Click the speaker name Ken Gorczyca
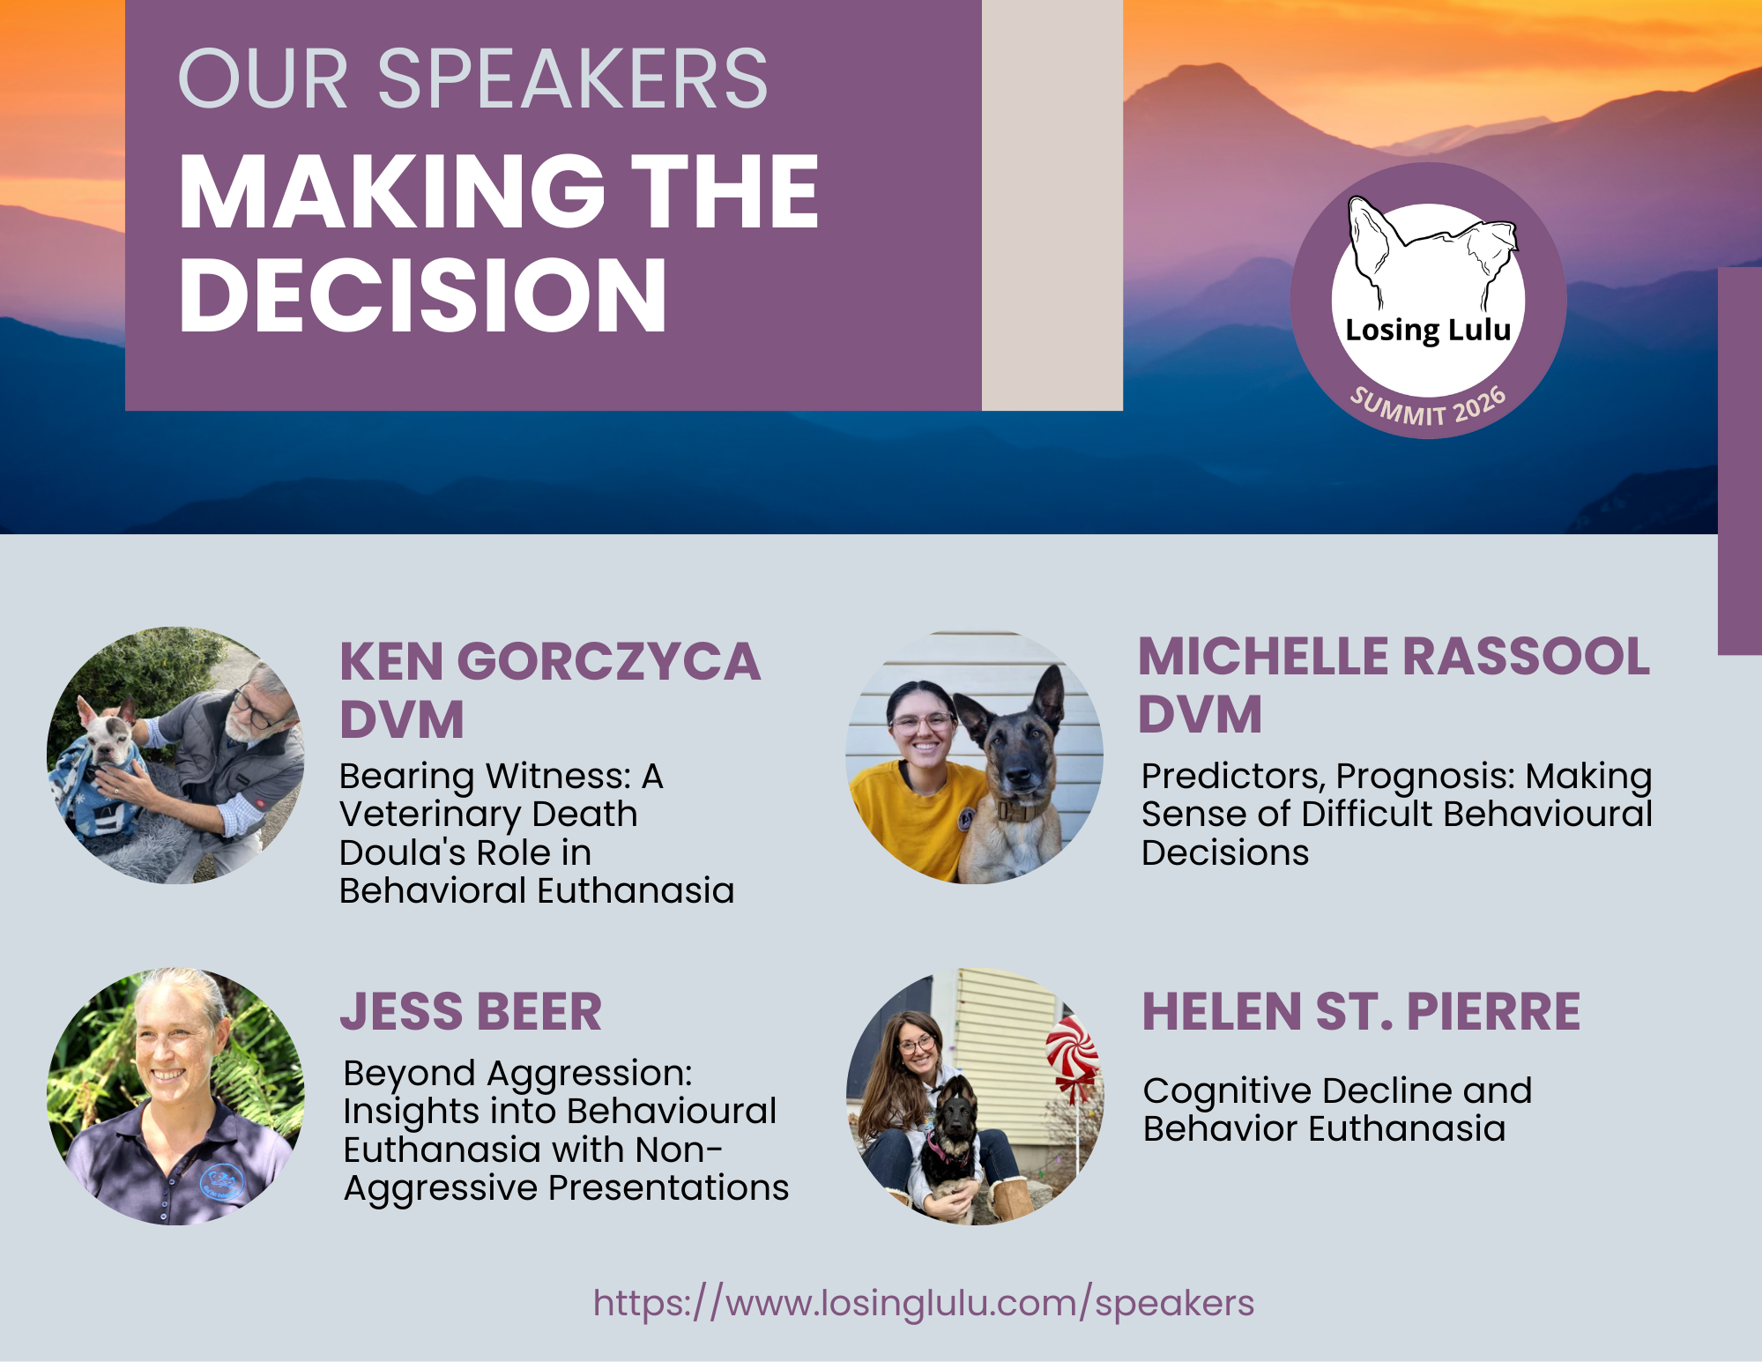point(550,662)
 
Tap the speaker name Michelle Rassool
point(1394,657)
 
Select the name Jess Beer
point(472,1011)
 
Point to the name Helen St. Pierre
point(1361,1011)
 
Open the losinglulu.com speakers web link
point(923,1303)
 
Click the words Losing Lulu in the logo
point(1428,330)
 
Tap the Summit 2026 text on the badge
point(1428,406)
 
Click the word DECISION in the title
point(423,295)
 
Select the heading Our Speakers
point(473,79)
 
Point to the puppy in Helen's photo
point(950,1146)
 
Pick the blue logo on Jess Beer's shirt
point(222,1181)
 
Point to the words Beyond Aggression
point(518,1074)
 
